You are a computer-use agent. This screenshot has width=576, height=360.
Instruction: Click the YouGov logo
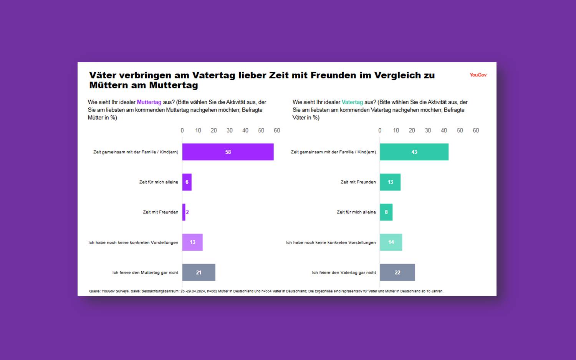point(478,75)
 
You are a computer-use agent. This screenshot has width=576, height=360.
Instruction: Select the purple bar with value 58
point(228,152)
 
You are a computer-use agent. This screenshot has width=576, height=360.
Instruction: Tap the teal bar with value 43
point(414,152)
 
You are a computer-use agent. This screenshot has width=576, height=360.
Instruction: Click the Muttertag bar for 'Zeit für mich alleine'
point(187,182)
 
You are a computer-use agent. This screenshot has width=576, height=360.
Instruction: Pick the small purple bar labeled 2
point(184,212)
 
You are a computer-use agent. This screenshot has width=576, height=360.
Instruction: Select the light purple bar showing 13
point(192,242)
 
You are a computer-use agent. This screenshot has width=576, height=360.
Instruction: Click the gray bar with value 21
point(199,272)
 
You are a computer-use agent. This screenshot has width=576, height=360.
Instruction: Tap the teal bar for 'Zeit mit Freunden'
point(390,182)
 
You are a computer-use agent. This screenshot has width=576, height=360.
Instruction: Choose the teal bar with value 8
point(386,212)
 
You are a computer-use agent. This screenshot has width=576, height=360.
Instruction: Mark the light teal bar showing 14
point(391,242)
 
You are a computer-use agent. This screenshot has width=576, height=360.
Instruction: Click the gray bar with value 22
point(397,272)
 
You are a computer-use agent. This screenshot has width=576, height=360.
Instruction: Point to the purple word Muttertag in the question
point(149,102)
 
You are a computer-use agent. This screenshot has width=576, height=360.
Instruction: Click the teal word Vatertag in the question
point(352,102)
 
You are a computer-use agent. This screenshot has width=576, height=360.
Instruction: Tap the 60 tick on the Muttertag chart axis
point(277,131)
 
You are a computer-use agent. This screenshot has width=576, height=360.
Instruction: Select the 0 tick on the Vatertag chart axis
point(380,131)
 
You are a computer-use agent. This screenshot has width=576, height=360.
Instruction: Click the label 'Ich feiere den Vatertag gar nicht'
point(344,273)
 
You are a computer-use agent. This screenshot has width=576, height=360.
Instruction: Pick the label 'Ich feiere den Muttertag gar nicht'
point(145,273)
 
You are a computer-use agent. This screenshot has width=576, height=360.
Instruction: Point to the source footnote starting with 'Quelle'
point(266,291)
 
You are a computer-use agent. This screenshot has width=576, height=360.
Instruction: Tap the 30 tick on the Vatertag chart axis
point(428,131)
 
